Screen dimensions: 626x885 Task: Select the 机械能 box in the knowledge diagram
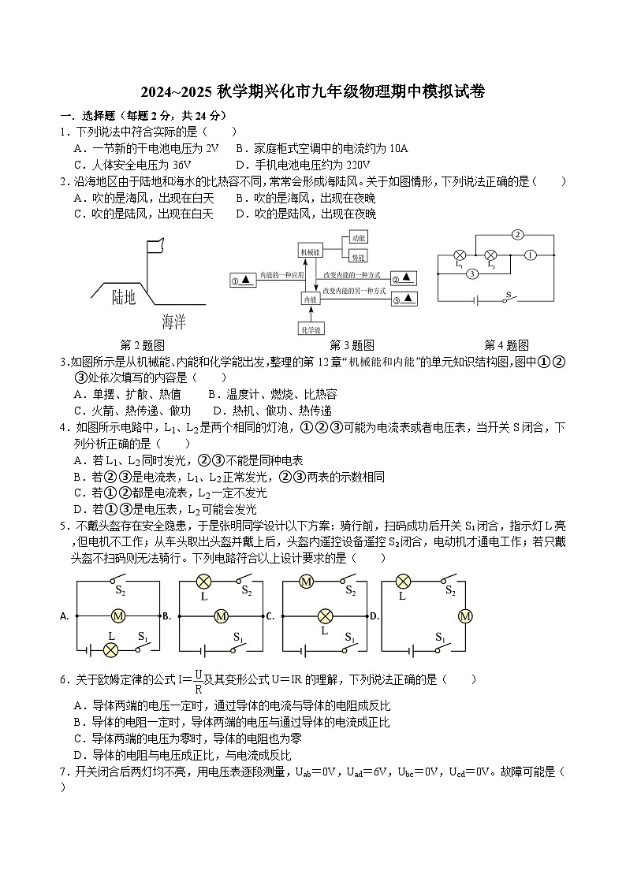pos(310,251)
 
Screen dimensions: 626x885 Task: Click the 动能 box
pos(359,236)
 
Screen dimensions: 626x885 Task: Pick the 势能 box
pos(359,257)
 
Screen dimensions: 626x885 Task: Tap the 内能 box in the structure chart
pos(310,299)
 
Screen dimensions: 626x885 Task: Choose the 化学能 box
pos(310,328)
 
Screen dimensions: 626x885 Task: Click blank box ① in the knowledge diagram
pos(242,280)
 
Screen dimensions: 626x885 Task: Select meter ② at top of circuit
pos(517,234)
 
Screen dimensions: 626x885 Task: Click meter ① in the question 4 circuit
pos(530,255)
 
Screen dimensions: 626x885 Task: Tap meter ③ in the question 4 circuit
pos(471,273)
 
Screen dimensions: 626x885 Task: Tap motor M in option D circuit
pos(464,616)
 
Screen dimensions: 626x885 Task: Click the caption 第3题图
pos(352,345)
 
